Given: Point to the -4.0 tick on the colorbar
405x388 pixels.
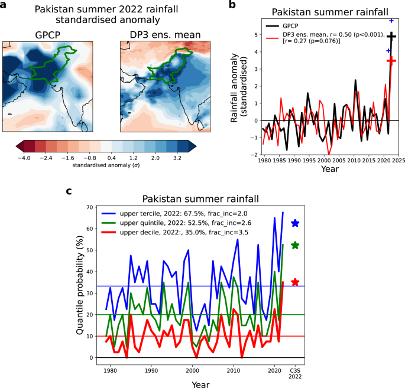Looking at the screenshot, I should click(24, 159).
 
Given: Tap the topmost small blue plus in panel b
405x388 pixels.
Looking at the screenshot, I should click(391, 5).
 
